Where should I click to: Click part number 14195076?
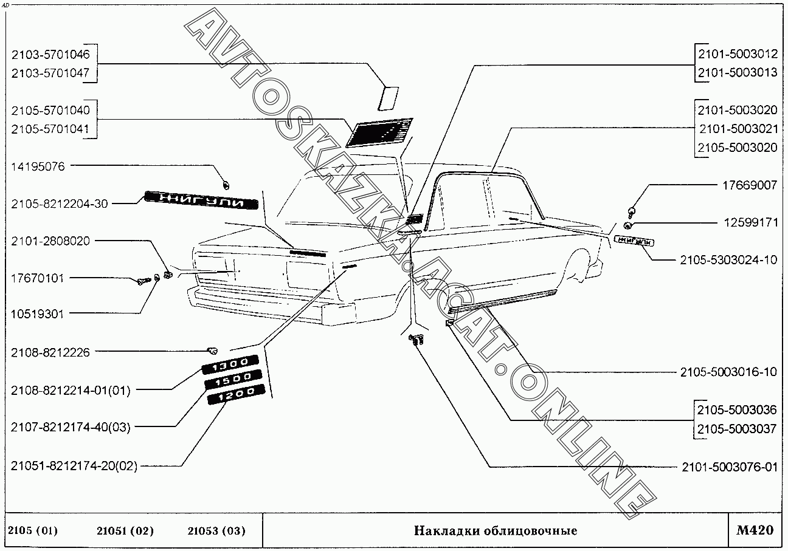coord(38,166)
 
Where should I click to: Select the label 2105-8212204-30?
coord(59,204)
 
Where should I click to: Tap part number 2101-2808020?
coord(50,241)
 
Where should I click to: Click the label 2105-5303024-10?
coord(729,260)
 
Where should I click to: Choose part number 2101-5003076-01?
coord(729,467)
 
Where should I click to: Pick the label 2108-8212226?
coord(50,352)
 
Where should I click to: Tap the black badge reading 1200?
coord(235,396)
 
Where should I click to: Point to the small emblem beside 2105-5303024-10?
coord(634,241)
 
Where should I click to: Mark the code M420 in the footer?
coord(755,530)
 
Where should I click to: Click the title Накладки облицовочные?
coord(496,531)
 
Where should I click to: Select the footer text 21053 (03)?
coord(217,531)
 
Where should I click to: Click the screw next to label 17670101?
coord(144,281)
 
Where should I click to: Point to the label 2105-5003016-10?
coord(729,372)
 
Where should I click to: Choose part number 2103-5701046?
coord(50,55)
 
